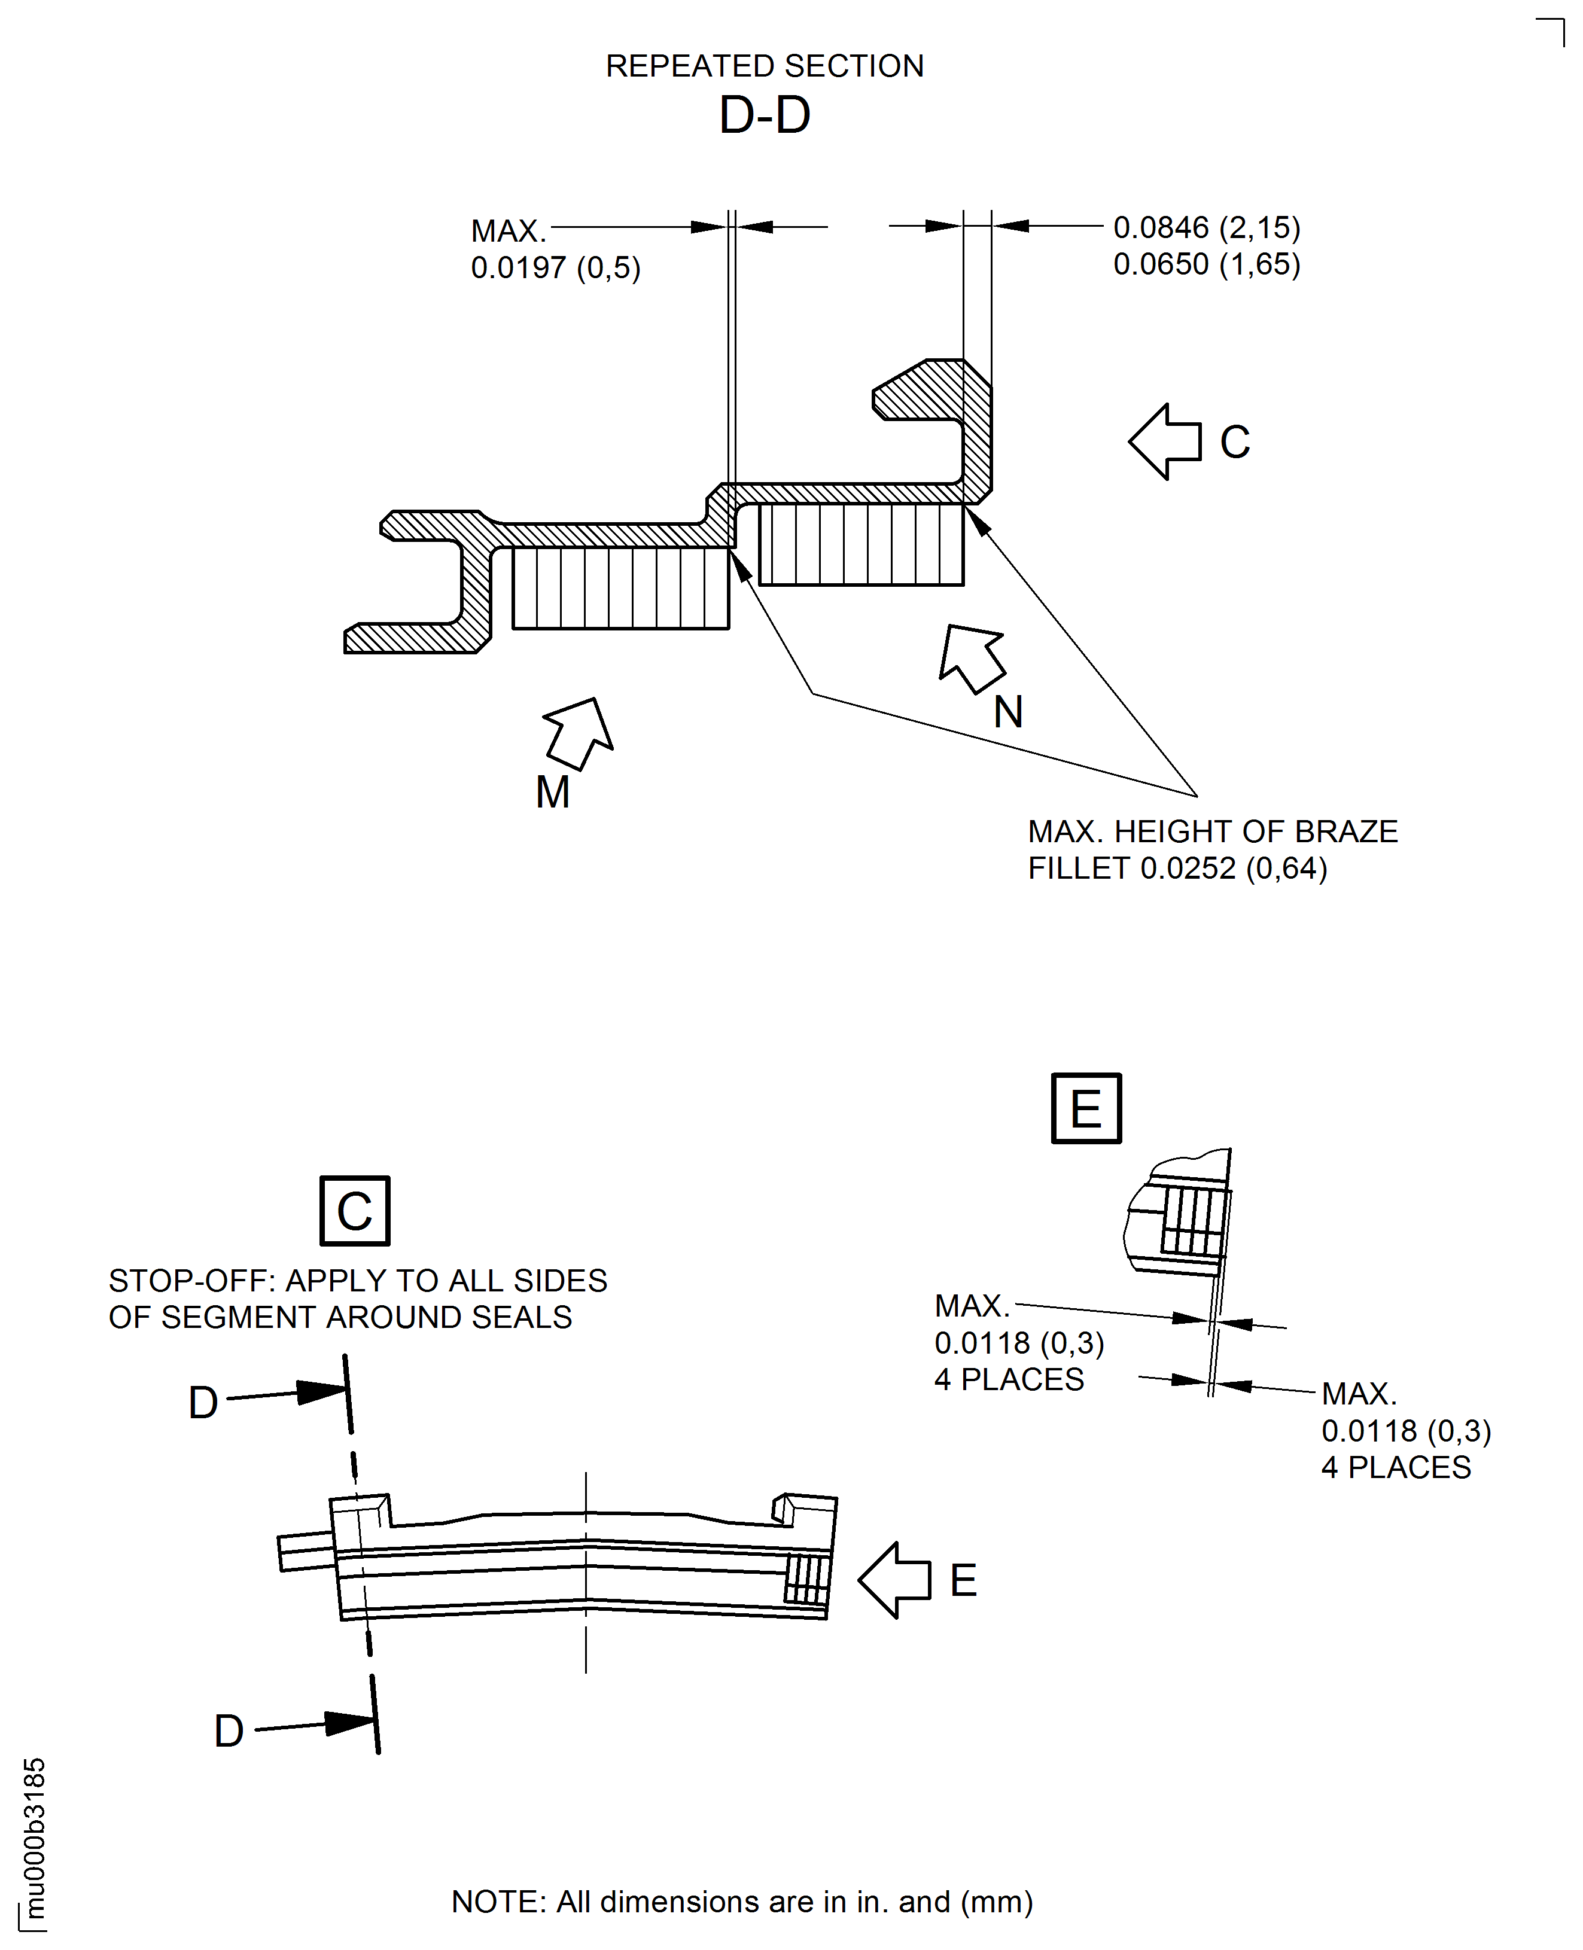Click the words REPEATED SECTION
[764, 66]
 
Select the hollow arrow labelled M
[579, 733]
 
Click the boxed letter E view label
[1086, 1108]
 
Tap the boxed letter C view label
[355, 1211]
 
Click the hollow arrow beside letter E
[894, 1580]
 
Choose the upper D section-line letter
[203, 1403]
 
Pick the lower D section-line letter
[229, 1731]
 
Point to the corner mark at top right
[1563, 23]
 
